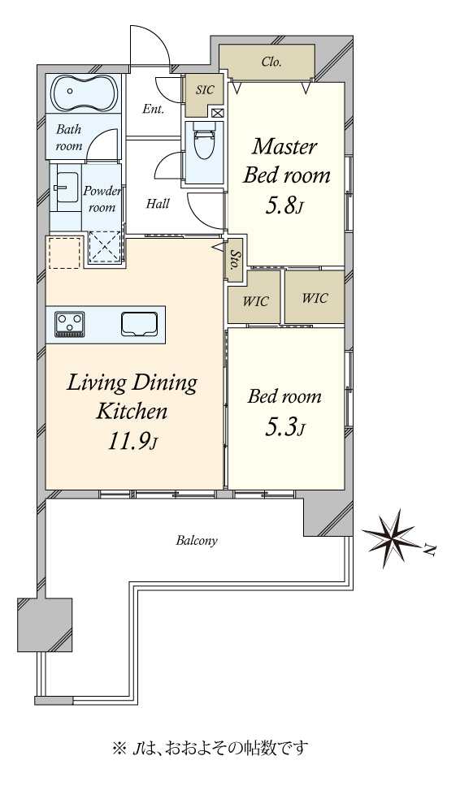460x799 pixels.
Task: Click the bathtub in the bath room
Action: (x=85, y=93)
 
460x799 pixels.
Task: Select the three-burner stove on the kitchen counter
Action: (x=70, y=325)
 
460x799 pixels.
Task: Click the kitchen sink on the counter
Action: (x=139, y=324)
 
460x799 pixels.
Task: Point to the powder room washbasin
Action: (x=67, y=187)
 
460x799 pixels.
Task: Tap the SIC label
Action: (x=205, y=90)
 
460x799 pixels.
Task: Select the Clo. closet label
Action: (x=271, y=63)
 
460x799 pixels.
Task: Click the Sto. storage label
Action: (x=235, y=259)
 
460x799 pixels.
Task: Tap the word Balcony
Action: (x=197, y=541)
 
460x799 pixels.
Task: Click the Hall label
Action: (x=158, y=204)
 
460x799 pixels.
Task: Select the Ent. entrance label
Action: (x=153, y=109)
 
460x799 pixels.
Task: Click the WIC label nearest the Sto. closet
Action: (x=255, y=301)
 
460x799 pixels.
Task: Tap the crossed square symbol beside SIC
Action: (x=217, y=113)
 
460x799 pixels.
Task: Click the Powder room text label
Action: (x=102, y=199)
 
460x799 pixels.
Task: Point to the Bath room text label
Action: (x=69, y=137)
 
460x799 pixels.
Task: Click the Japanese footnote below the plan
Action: (x=210, y=748)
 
